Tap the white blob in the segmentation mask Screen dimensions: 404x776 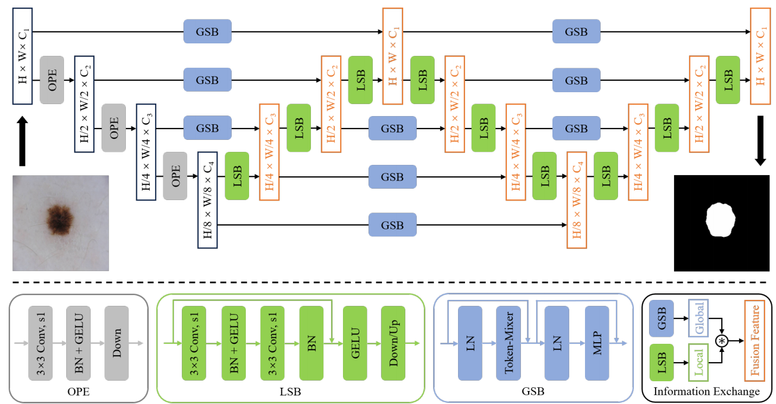pos(721,220)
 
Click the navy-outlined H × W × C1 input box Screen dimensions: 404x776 pos(23,56)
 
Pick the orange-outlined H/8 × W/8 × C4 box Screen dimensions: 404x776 pos(576,200)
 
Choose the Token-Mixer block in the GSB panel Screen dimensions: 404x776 pos(508,343)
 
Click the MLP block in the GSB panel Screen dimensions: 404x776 pos(596,343)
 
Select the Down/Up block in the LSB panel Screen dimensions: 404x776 pos(393,343)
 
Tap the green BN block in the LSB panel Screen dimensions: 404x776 pos(311,343)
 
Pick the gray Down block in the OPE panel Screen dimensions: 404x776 pos(117,343)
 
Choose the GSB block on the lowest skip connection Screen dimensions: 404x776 pos(392,225)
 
